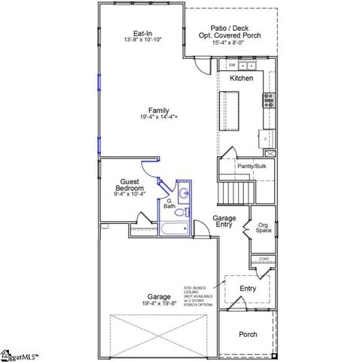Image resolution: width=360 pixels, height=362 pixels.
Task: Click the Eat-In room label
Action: tap(143, 33)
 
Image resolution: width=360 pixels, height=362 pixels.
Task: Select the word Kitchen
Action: tap(241, 78)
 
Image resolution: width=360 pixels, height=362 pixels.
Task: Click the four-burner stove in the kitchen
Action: tap(268, 100)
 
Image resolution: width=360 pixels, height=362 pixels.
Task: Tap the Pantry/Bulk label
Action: tap(252, 166)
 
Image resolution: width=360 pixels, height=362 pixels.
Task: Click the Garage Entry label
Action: tap(224, 222)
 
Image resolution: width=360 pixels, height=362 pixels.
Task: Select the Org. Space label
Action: tap(264, 229)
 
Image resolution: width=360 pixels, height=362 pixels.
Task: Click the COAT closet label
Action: tap(264, 259)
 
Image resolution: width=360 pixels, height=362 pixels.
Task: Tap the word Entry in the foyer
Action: tap(248, 288)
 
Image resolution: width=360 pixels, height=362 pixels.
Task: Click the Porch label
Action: tap(248, 334)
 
